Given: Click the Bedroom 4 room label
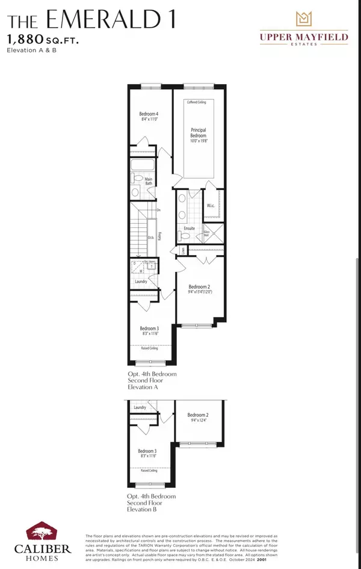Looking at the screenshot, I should [x=149, y=114].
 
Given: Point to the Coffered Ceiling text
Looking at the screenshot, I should [x=199, y=102].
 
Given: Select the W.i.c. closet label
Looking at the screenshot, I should [x=211, y=206].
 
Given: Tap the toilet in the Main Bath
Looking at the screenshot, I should [x=137, y=179].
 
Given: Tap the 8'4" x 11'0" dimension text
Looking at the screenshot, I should [x=149, y=120].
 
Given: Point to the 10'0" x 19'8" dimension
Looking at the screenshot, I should [x=199, y=141].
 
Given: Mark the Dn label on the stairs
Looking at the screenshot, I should [x=158, y=210].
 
